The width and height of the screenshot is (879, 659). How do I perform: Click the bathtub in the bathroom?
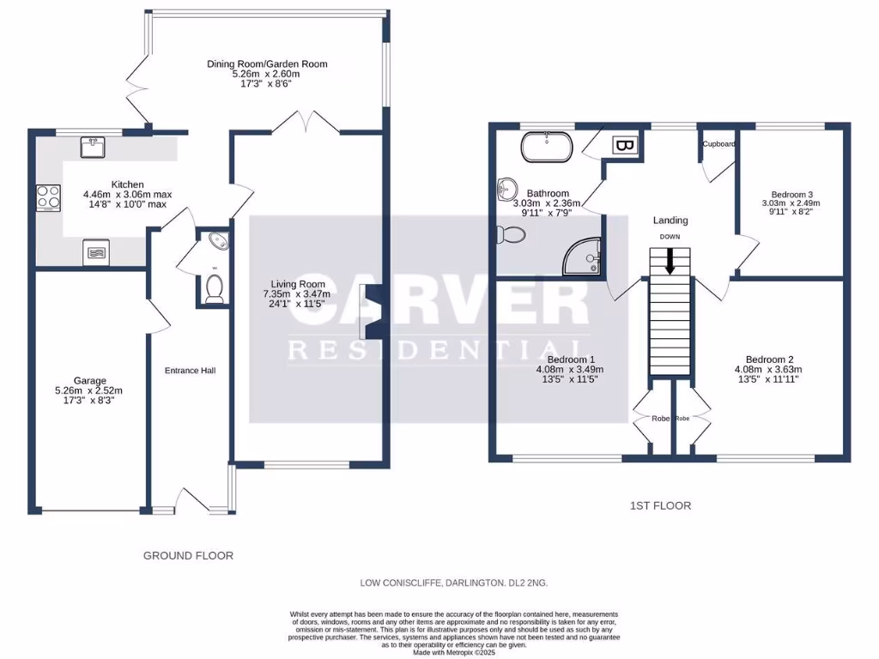tap(547, 147)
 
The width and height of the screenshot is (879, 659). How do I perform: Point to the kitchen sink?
tap(92, 148)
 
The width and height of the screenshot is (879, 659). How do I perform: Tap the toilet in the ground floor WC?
tap(214, 289)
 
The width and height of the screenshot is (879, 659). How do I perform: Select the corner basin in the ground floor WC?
tap(217, 241)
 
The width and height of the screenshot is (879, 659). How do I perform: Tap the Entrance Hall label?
tap(190, 371)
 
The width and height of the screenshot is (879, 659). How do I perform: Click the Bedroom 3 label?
tap(791, 194)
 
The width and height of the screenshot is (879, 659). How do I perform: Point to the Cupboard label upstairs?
tap(718, 144)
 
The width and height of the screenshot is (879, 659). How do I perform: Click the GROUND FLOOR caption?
tap(188, 555)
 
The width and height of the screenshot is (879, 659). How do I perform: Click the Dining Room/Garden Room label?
tap(267, 63)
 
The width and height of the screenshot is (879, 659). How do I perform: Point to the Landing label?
tap(670, 221)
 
